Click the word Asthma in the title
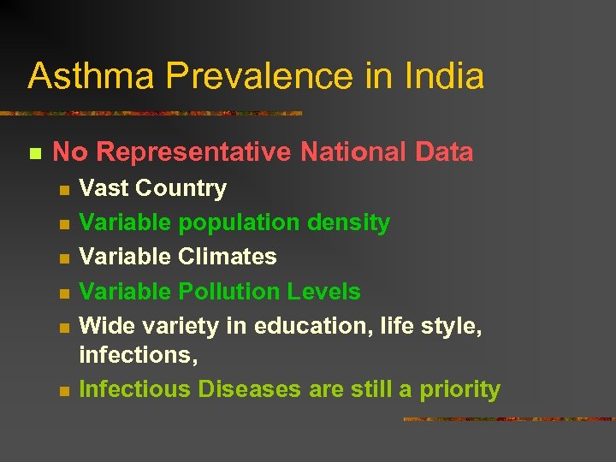[92, 76]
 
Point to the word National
[353, 152]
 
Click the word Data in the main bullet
[444, 152]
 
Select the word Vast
[104, 188]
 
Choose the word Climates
[228, 257]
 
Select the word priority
[460, 390]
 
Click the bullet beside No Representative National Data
[35, 154]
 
